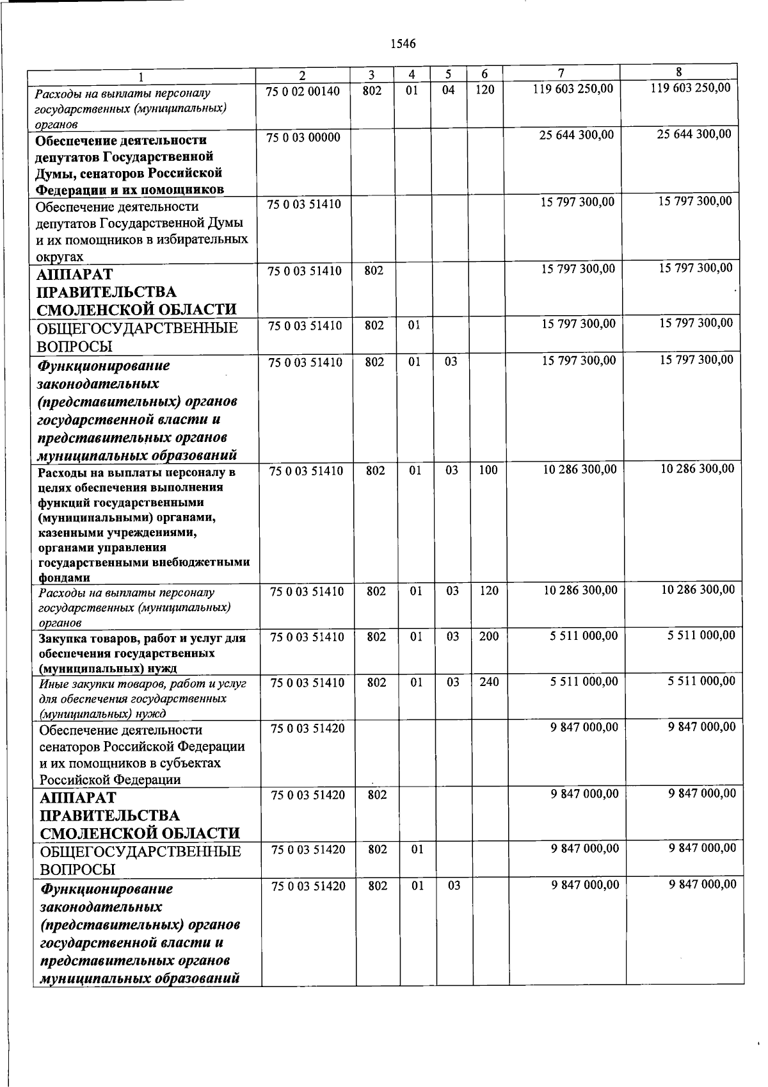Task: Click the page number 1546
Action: coord(403,44)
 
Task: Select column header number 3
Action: coord(371,74)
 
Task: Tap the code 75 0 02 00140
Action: coord(303,91)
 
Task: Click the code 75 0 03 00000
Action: coord(303,138)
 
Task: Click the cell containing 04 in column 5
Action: coord(448,90)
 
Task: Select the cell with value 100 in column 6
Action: coord(488,470)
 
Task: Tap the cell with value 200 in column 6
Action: coord(488,636)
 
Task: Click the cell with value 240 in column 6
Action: coord(488,682)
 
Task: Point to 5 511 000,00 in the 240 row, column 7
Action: coord(584,682)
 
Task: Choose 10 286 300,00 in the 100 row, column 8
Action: coord(697,468)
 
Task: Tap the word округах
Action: coord(60,256)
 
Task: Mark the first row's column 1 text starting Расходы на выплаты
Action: coord(122,94)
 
